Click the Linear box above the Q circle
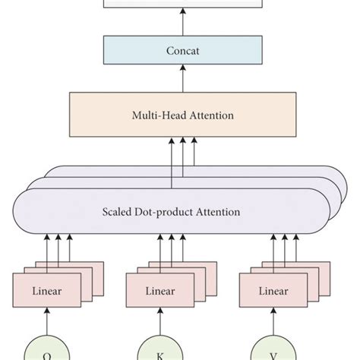coord(46,291)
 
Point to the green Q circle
coord(46,350)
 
